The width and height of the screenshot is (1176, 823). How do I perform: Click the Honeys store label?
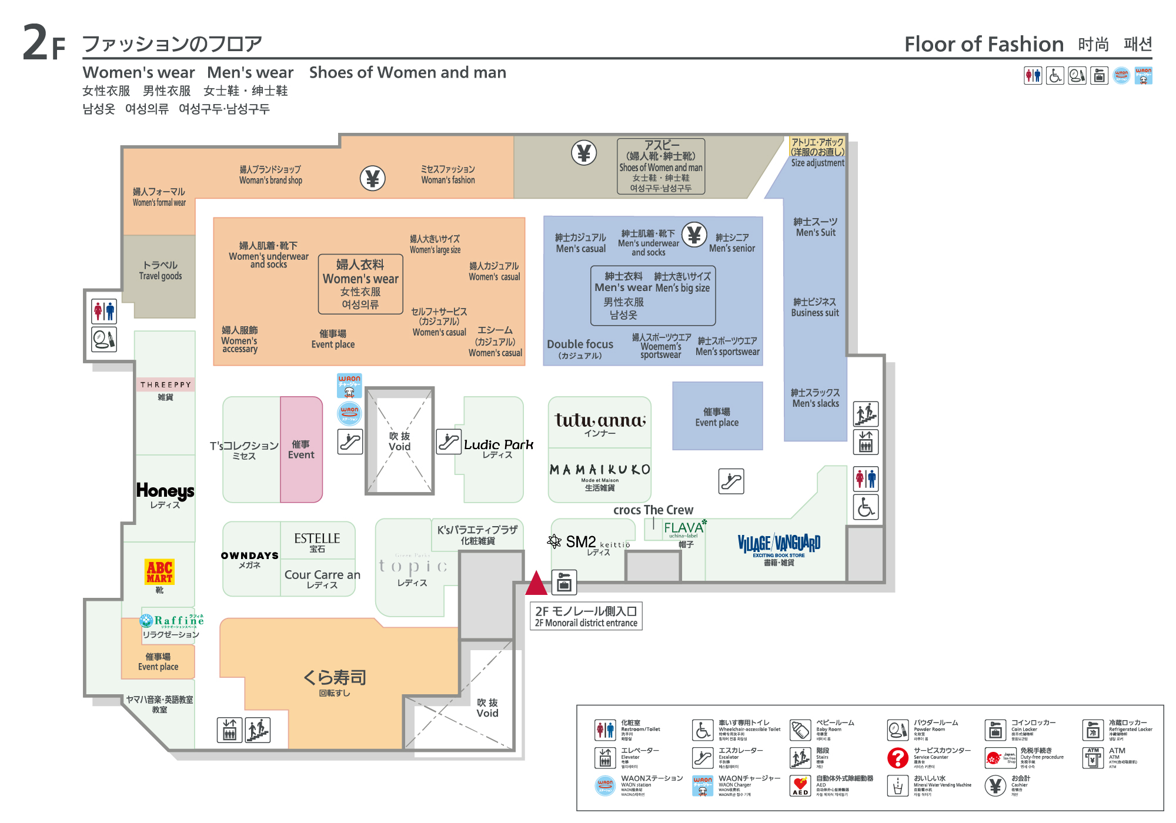(165, 491)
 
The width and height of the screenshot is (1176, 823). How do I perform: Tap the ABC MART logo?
(159, 571)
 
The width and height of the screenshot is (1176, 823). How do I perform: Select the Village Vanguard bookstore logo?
(779, 543)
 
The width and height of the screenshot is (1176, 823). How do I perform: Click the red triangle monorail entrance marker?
(536, 583)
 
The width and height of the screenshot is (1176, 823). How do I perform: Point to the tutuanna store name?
(600, 420)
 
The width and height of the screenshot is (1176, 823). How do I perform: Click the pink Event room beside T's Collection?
(301, 449)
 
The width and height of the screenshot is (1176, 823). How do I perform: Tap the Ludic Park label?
(499, 445)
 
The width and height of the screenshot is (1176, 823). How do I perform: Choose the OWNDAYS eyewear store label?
(250, 556)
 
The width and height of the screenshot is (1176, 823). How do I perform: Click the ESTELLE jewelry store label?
(317, 538)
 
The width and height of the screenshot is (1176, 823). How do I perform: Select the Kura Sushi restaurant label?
(335, 678)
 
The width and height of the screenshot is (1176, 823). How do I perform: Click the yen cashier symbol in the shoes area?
(584, 153)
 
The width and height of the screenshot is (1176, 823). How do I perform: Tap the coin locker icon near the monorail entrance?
(564, 583)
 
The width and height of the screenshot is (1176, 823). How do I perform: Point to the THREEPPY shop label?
(165, 384)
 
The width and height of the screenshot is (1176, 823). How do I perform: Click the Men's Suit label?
(816, 227)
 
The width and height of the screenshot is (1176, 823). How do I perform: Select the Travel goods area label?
(160, 270)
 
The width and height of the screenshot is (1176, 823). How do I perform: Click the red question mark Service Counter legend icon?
(898, 758)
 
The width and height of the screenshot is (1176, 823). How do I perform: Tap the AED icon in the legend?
(800, 785)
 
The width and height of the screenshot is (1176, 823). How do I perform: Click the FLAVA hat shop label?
(683, 528)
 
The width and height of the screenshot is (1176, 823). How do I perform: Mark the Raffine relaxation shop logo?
(172, 620)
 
